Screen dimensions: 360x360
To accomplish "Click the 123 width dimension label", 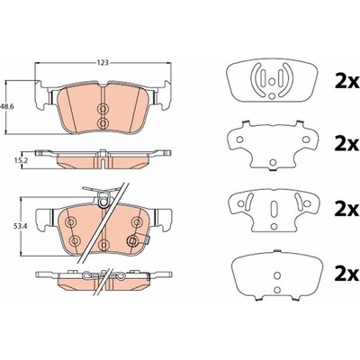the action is pos(103,63).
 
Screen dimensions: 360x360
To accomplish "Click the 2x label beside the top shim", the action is pos(347,82).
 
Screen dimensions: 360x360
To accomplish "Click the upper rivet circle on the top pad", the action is pos(103,109).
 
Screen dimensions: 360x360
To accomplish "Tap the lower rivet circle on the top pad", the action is pos(103,122).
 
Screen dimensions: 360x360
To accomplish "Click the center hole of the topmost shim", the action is pos(271,81).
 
